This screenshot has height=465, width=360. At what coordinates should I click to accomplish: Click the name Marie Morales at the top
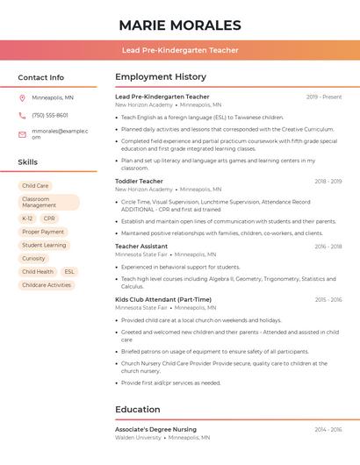tap(180, 25)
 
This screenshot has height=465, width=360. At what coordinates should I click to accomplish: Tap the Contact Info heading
tap(40, 77)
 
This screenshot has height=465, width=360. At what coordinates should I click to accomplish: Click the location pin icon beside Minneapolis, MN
tap(22, 97)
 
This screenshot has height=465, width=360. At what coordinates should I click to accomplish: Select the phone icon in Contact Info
tap(22, 115)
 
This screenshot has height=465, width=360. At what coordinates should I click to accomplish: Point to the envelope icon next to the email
tap(22, 133)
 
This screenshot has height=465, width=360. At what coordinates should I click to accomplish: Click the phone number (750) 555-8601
tap(50, 115)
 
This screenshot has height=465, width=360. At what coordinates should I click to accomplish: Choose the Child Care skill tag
tap(35, 186)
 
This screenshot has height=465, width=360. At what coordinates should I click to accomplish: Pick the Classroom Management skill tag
tap(48, 203)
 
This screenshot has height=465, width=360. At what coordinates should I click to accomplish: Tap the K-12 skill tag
tap(27, 218)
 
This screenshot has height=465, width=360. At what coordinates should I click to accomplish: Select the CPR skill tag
tap(49, 218)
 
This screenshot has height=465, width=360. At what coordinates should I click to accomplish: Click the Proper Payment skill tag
tap(43, 232)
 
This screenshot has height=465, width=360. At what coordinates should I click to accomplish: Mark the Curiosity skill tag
tap(33, 259)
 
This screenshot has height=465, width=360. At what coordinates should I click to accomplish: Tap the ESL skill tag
tap(69, 272)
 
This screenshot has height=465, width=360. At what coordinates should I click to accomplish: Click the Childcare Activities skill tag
tap(47, 285)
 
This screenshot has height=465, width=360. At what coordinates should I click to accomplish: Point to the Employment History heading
tap(161, 77)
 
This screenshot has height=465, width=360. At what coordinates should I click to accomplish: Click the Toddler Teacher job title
tap(139, 181)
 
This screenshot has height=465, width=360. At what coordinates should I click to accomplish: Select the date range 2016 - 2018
tap(328, 247)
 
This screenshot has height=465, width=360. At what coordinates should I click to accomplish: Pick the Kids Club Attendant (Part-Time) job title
tap(163, 300)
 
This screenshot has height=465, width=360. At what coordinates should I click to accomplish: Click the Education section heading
tap(143, 409)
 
